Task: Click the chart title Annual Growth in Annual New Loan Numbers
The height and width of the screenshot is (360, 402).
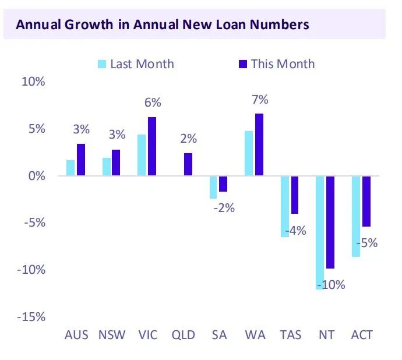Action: click(162, 25)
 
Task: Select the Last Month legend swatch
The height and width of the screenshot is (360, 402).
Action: click(101, 63)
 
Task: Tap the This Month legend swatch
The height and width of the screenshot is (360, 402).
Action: click(242, 63)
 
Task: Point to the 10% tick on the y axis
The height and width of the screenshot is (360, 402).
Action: click(33, 82)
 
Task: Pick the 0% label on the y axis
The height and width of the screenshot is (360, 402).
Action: click(36, 175)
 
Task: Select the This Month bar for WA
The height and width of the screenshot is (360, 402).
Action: click(259, 144)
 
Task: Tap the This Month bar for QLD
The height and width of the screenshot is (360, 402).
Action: click(188, 164)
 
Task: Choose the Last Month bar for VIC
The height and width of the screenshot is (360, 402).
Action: click(142, 155)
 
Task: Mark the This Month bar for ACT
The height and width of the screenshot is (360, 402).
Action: click(366, 201)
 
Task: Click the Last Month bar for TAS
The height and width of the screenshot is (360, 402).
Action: click(284, 206)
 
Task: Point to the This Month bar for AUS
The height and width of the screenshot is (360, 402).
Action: click(81, 160)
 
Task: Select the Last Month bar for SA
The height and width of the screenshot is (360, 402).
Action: click(213, 187)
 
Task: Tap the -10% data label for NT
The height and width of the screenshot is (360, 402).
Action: click(331, 285)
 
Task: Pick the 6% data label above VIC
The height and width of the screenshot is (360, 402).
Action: click(153, 103)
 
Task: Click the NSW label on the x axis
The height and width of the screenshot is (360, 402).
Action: click(111, 335)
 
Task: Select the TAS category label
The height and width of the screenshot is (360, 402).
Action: click(290, 335)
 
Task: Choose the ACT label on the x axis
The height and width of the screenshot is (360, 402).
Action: click(362, 335)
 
